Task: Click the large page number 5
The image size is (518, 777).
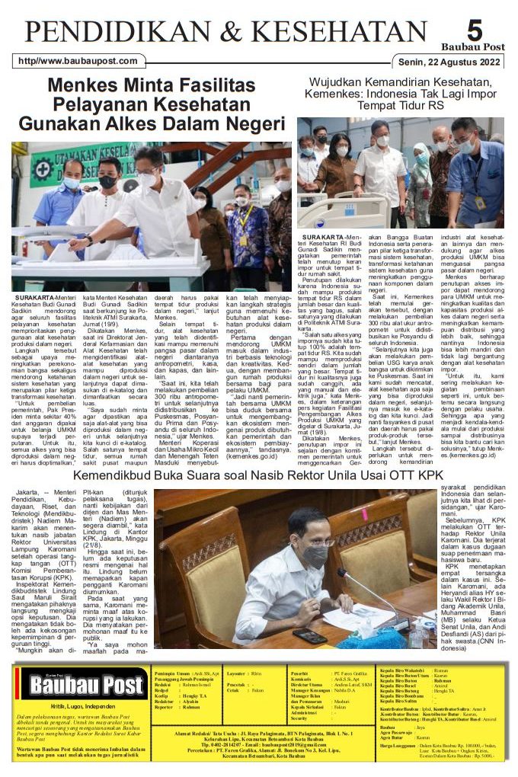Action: point(475,30)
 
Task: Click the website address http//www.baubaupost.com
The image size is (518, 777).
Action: point(78,62)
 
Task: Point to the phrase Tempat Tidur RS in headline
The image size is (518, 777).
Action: point(403,104)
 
